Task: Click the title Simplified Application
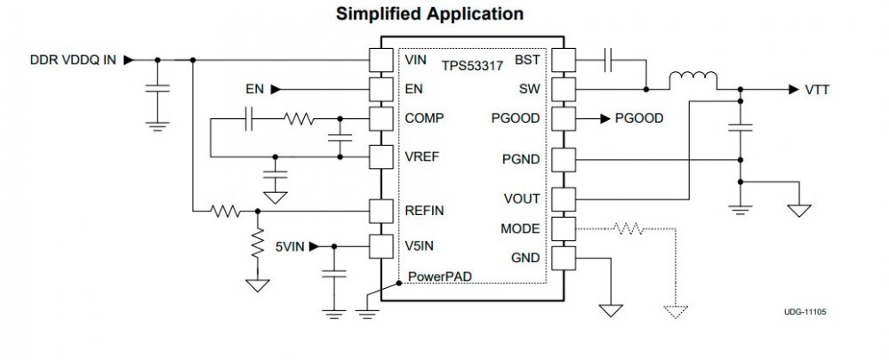coord(428,14)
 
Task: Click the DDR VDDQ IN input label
coord(73,60)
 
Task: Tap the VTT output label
coord(819,90)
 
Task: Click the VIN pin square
coord(380,60)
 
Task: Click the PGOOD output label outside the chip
coord(638,118)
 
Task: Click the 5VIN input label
coord(291,246)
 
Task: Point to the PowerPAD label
coord(439,276)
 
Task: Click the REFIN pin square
coord(380,212)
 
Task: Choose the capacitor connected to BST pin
coord(608,60)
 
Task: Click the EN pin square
coord(380,89)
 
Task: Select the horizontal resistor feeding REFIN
coord(226,212)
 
